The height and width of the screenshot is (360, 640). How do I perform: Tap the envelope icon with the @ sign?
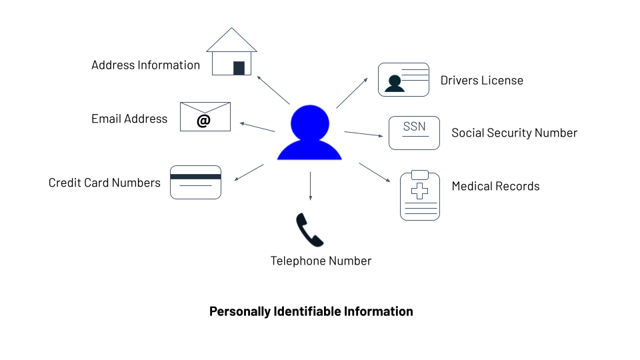click(205, 117)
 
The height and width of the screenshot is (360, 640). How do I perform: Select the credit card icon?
click(195, 182)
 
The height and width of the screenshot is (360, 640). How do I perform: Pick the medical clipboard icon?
click(419, 195)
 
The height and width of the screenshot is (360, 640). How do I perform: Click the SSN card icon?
click(414, 133)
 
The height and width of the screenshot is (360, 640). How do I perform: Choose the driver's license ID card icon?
click(403, 79)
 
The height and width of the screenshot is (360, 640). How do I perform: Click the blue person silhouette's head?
click(309, 123)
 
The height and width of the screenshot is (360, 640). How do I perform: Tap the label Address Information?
click(145, 65)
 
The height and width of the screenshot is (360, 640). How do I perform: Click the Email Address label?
click(129, 119)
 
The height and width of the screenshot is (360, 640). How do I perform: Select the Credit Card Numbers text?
click(105, 183)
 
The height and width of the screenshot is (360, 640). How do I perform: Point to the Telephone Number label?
click(321, 261)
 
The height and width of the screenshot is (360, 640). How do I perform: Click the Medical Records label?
click(495, 186)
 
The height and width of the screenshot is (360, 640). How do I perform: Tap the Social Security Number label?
click(514, 133)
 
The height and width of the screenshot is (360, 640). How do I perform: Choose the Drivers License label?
click(481, 81)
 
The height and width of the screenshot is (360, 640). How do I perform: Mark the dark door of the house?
click(239, 68)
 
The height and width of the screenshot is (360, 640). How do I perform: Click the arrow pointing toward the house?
click(273, 89)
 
